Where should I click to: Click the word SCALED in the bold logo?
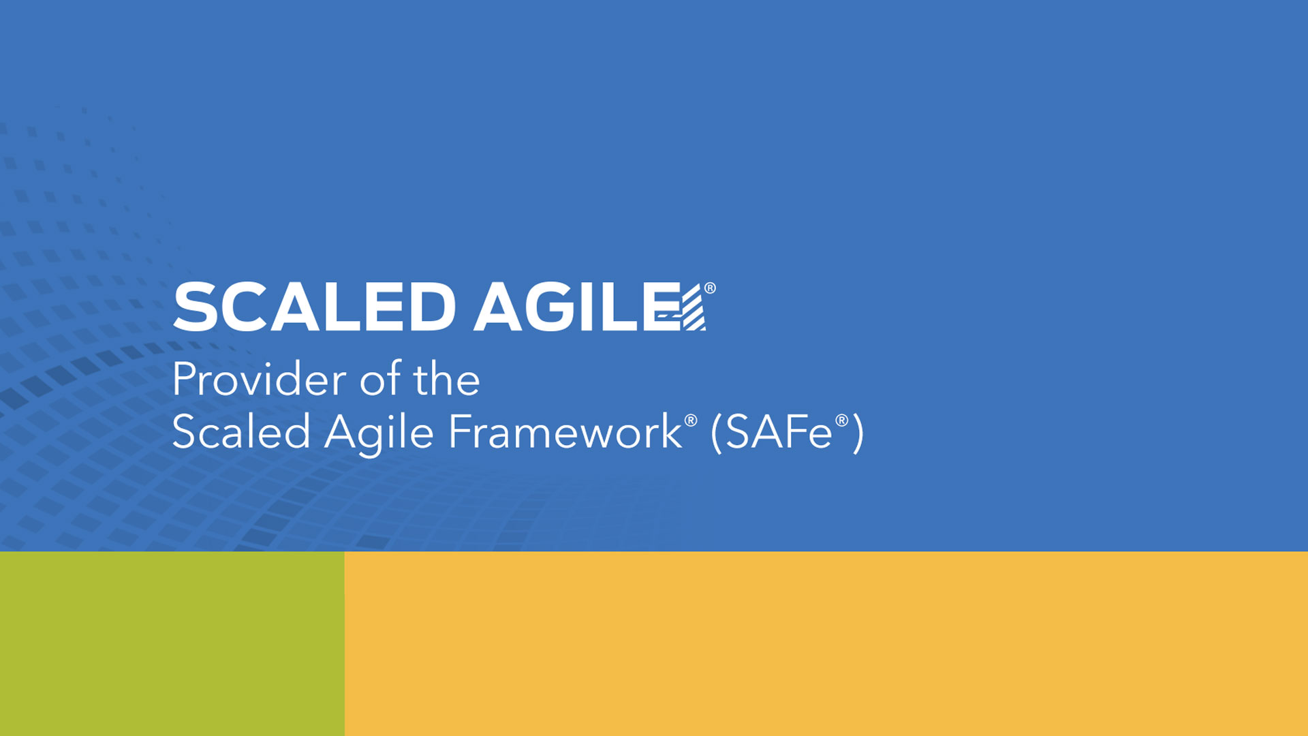click(314, 307)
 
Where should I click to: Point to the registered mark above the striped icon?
click(710, 288)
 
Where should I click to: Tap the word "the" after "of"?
click(446, 379)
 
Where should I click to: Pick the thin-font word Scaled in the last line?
click(241, 432)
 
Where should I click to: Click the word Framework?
click(565, 432)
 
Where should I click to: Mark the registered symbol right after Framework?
click(691, 420)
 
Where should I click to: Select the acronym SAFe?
click(779, 432)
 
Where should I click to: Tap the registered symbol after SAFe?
click(842, 420)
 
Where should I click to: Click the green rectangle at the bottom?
click(172, 643)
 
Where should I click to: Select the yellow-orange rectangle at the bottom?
click(826, 643)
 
